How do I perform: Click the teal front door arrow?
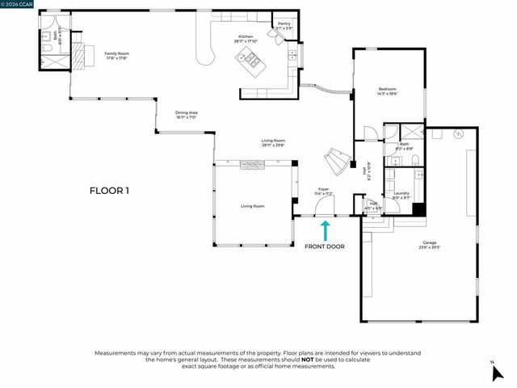coord(325,230)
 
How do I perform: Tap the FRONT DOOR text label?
coord(325,247)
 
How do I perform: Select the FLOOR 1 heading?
coord(110,191)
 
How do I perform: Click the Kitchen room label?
coord(245,37)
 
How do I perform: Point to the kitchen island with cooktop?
coord(249,59)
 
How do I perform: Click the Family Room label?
coord(117,55)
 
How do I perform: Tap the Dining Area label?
coord(187,115)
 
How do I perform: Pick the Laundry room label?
coord(401,195)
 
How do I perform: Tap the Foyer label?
coord(323,192)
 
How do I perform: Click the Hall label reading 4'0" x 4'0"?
coord(373,205)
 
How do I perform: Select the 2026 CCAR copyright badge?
coord(18,5)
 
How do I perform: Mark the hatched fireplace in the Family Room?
coord(79,53)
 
